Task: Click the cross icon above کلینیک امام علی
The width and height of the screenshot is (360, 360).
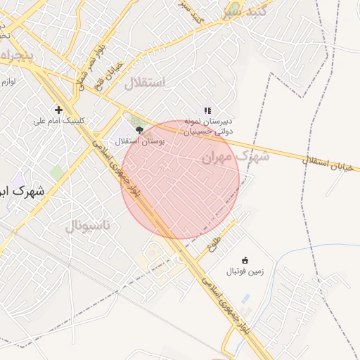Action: (x=58, y=110)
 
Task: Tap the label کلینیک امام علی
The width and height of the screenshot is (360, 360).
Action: (x=59, y=121)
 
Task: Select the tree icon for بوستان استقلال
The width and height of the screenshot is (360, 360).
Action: (x=139, y=130)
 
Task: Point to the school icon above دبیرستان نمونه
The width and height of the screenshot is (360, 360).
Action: (x=207, y=110)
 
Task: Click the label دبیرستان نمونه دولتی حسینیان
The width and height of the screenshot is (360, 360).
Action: (x=208, y=126)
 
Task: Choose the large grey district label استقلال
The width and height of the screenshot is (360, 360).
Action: (x=144, y=84)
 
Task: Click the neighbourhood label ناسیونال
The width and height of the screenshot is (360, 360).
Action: (x=88, y=226)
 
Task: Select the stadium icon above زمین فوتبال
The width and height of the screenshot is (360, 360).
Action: (x=245, y=260)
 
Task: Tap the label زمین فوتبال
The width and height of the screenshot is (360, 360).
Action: (x=245, y=271)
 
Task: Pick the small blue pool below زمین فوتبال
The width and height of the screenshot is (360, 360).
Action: (x=245, y=298)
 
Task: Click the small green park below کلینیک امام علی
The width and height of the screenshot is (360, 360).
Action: (x=56, y=172)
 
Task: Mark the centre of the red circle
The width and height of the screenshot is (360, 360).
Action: (x=181, y=179)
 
